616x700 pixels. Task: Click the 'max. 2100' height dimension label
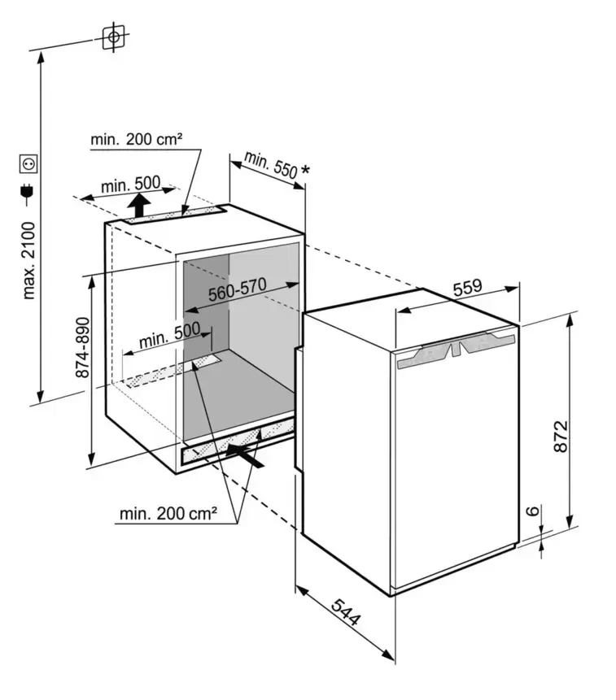29,260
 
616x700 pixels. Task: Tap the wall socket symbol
29,164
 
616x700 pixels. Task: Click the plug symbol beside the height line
29,194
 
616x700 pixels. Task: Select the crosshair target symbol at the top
115,37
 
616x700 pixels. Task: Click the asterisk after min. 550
305,171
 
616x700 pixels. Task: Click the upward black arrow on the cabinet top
142,203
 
